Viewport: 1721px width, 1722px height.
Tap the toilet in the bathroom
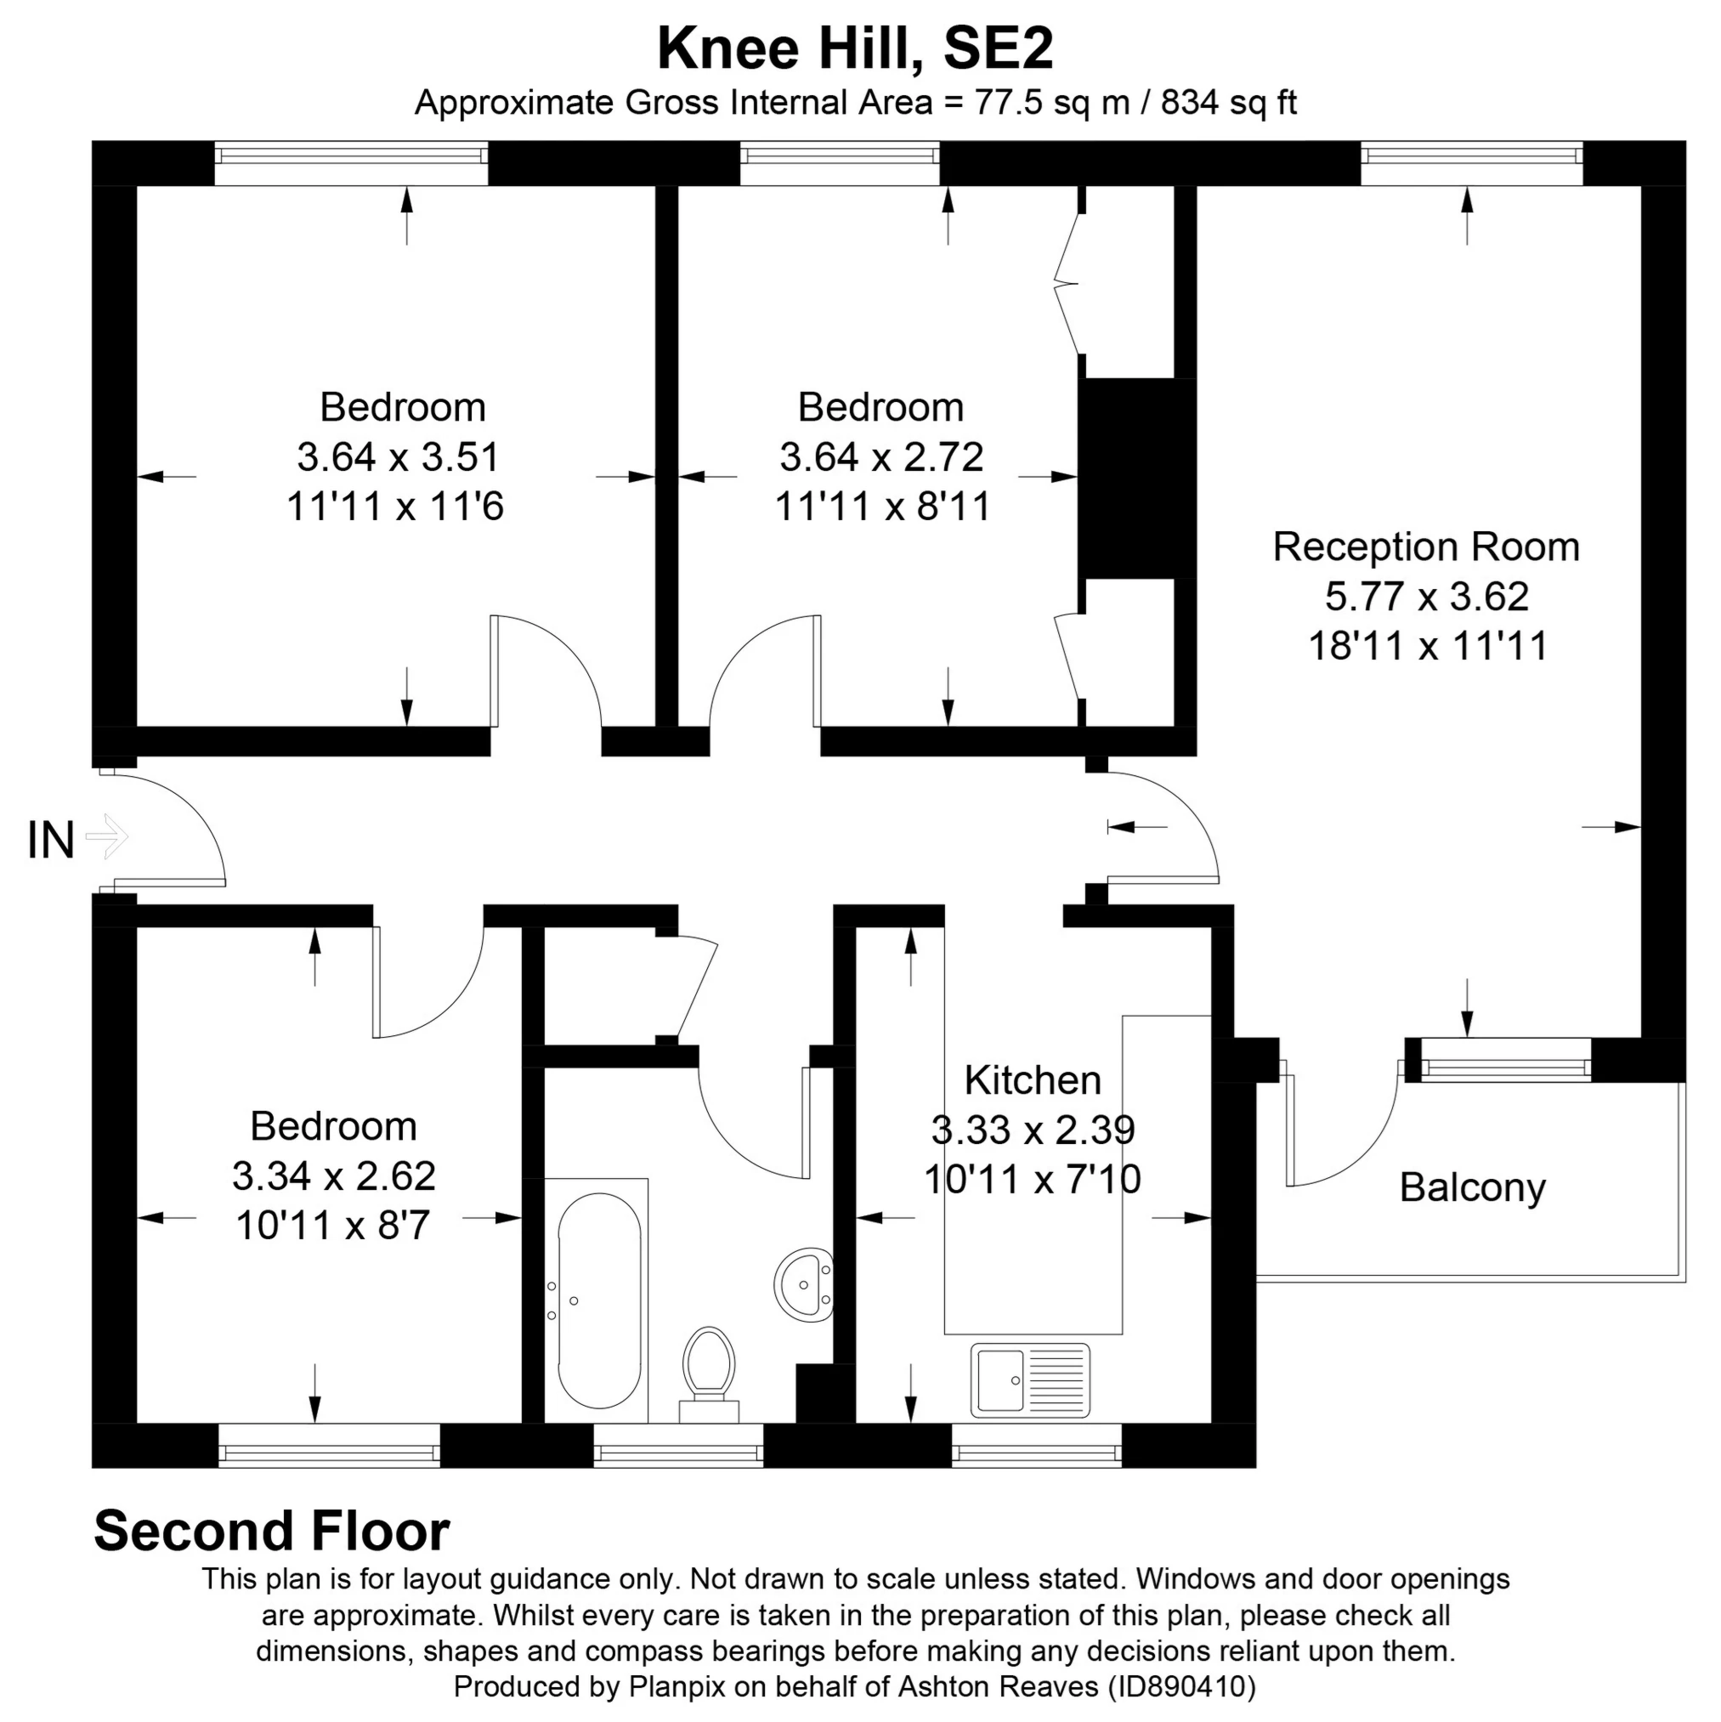point(709,1374)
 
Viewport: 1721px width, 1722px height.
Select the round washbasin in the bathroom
point(803,1284)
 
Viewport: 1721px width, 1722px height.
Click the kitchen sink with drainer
point(1030,1380)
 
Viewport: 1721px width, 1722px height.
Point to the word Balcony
point(1472,1188)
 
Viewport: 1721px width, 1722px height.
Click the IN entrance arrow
point(107,837)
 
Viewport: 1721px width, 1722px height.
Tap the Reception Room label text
point(1426,547)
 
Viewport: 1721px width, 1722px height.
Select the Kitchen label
point(1033,1080)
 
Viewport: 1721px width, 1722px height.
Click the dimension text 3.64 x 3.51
point(398,457)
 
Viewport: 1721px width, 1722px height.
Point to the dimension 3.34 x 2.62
point(333,1176)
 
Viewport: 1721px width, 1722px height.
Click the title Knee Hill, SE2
point(856,49)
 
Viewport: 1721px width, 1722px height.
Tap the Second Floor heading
point(272,1532)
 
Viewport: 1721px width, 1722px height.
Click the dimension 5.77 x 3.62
point(1427,597)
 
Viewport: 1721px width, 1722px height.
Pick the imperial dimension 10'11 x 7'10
point(1032,1180)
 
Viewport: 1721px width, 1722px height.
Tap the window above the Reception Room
point(1471,163)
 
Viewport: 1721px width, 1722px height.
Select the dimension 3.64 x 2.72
point(881,457)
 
